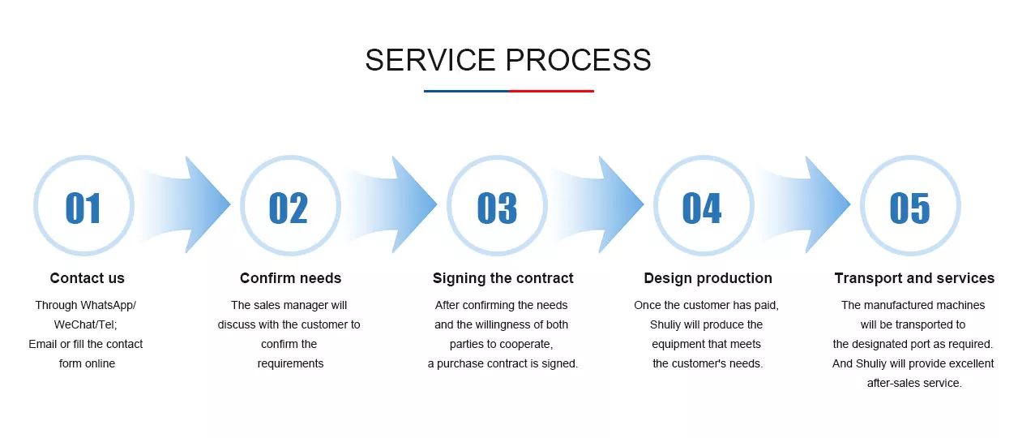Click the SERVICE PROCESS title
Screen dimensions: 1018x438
(x=508, y=60)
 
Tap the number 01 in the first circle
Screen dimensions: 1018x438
(x=83, y=208)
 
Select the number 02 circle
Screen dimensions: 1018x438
(x=290, y=205)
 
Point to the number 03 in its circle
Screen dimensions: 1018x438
(x=497, y=208)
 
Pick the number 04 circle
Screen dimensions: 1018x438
(x=704, y=205)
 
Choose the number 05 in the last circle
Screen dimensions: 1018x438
(x=910, y=208)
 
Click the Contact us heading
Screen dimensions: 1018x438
(x=87, y=278)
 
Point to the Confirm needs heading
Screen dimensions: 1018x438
(x=290, y=278)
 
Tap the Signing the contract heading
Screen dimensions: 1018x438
(x=503, y=278)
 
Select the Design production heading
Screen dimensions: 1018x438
(x=708, y=278)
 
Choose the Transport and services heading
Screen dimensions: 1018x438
(x=914, y=278)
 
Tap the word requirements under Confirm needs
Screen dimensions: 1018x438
(x=290, y=364)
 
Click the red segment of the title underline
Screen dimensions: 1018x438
(x=551, y=91)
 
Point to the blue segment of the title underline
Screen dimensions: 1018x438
(x=466, y=91)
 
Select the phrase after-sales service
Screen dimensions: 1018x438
(x=914, y=383)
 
